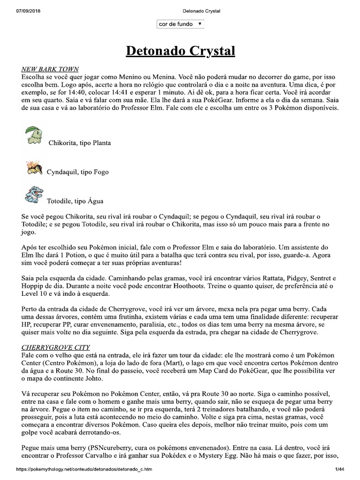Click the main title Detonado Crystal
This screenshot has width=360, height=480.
point(180,51)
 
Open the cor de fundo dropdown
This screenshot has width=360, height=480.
point(180,24)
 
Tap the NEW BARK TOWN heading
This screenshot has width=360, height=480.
point(50,69)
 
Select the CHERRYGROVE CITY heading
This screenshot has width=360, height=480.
point(55,348)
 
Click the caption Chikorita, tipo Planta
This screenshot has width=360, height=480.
point(80,142)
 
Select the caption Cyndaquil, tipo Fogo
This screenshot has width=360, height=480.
point(77,172)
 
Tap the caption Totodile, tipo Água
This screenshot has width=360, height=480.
point(75,202)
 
